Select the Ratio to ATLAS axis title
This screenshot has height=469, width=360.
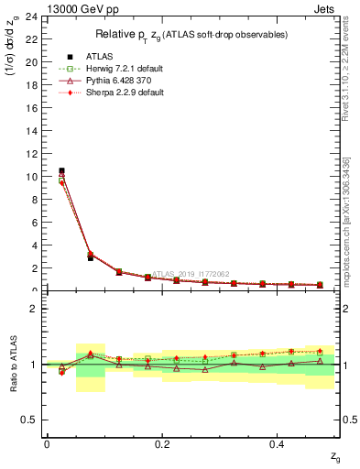pos(13,365)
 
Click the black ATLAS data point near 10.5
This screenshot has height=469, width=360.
pos(61,170)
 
